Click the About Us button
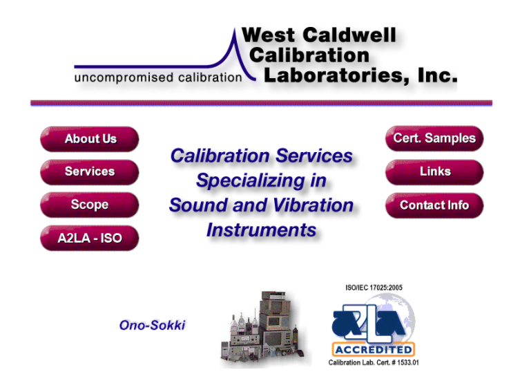click(90, 139)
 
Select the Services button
click(90, 172)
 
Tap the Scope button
click(90, 205)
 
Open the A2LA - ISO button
click(90, 238)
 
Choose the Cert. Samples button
click(434, 138)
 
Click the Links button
click(434, 172)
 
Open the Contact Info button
click(434, 205)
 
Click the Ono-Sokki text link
click(152, 326)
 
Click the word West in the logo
click(269, 35)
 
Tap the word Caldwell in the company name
click(349, 35)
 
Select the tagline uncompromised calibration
click(158, 77)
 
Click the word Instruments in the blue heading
click(261, 230)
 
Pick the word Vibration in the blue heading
click(314, 205)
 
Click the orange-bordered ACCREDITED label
click(373, 349)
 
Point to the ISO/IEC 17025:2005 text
click(374, 288)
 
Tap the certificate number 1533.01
click(408, 362)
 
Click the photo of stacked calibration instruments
click(264, 329)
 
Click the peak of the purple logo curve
click(235, 29)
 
